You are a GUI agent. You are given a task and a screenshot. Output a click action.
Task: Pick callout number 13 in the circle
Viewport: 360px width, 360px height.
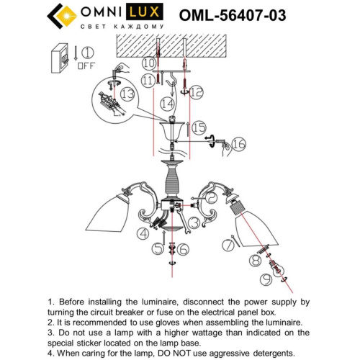click(128, 95)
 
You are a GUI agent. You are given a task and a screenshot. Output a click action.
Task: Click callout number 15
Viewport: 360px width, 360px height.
click(199, 127)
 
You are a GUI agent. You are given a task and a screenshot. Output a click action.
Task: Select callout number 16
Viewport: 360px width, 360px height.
click(239, 145)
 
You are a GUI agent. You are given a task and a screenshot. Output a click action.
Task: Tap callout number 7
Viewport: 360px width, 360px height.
click(229, 245)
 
